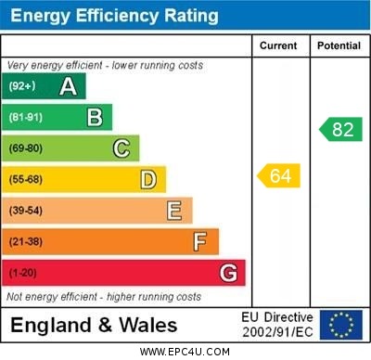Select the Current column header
(x=278, y=45)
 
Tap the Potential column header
(x=339, y=45)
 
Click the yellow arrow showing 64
(x=279, y=175)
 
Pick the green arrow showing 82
(x=340, y=129)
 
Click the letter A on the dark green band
(x=68, y=86)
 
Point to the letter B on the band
(x=95, y=117)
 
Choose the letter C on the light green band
(x=122, y=148)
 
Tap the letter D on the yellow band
(x=148, y=179)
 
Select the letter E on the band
(x=174, y=211)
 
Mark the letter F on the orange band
(x=200, y=242)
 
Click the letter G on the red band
(x=228, y=274)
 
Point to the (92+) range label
(x=22, y=86)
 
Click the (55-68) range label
(x=26, y=179)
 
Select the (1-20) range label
(x=23, y=274)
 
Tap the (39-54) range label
(x=26, y=211)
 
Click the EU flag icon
(x=341, y=325)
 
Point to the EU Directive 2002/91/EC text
(x=277, y=325)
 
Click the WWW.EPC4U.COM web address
(x=185, y=352)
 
